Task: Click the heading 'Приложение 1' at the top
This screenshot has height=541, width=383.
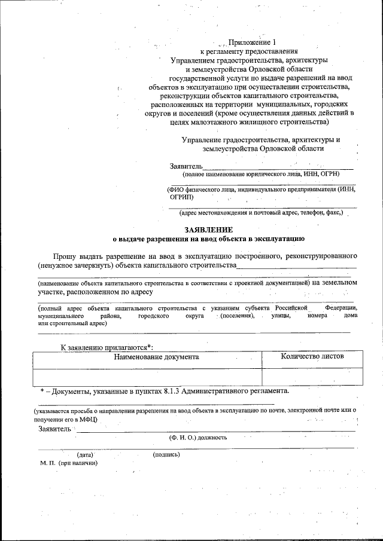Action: click(253, 43)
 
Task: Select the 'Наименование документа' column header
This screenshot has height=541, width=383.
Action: click(147, 357)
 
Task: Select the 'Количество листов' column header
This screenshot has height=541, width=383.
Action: click(312, 356)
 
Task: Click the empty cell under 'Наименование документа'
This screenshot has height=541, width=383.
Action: click(147, 376)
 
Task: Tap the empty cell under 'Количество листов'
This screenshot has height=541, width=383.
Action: click(312, 376)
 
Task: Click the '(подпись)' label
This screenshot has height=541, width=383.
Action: click(166, 454)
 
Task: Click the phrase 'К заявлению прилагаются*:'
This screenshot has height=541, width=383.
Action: click(107, 347)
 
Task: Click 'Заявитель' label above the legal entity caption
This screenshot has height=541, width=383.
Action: click(187, 166)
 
